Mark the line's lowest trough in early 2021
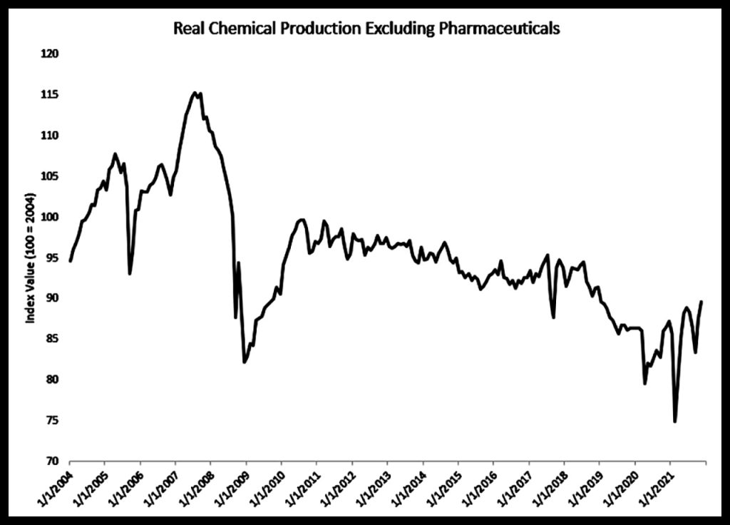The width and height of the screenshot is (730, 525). [x=674, y=422]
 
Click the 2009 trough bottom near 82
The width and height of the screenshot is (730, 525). [x=245, y=362]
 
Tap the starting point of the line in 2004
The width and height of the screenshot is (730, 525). [x=70, y=261]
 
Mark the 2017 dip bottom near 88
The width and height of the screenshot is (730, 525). [x=554, y=317]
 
